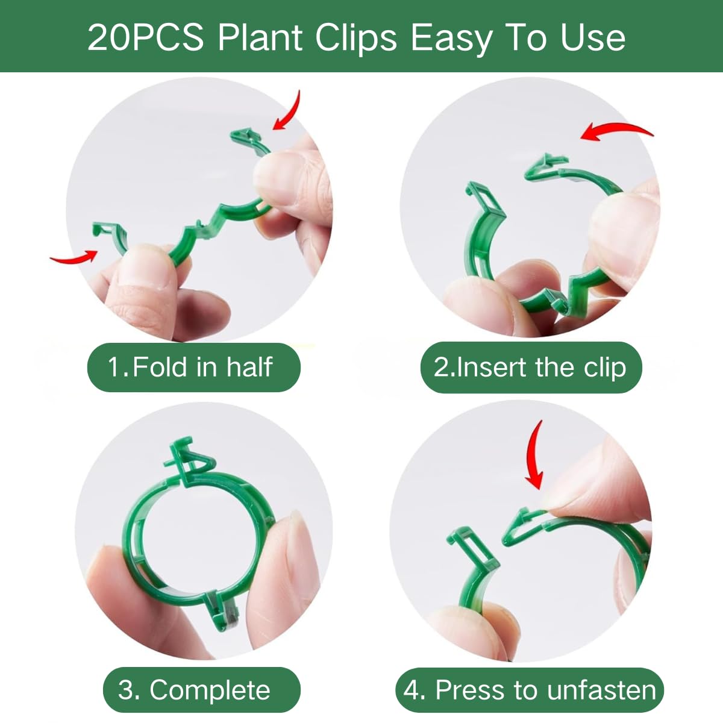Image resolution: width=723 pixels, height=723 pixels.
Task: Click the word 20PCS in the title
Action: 146,37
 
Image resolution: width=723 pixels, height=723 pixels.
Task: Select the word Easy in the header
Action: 451,39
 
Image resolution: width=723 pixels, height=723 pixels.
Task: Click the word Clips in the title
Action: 356,39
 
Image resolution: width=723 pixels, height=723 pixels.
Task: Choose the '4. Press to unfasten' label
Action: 530,690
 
